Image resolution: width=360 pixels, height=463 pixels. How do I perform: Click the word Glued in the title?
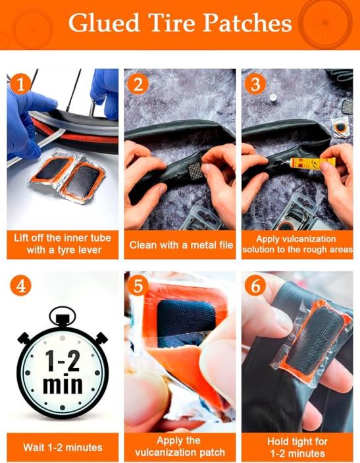[x=104, y=23]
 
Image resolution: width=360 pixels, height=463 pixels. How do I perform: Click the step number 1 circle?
[x=20, y=84]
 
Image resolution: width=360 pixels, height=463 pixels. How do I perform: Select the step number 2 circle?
[x=138, y=84]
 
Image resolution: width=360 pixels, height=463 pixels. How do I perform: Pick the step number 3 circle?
[x=255, y=84]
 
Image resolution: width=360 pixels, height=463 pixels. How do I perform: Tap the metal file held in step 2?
[x=195, y=171]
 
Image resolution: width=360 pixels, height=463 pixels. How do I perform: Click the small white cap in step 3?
[x=273, y=97]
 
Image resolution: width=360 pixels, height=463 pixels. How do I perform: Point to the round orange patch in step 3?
[x=340, y=128]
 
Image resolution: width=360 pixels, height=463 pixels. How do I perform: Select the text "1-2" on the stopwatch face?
[x=63, y=360]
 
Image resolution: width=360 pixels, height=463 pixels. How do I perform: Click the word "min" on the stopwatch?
[x=63, y=384]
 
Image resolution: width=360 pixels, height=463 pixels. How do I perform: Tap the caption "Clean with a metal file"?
[x=180, y=245]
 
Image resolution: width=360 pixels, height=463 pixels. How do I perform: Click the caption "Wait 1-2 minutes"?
[x=63, y=447]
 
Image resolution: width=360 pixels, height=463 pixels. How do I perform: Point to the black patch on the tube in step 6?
[x=318, y=343]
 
